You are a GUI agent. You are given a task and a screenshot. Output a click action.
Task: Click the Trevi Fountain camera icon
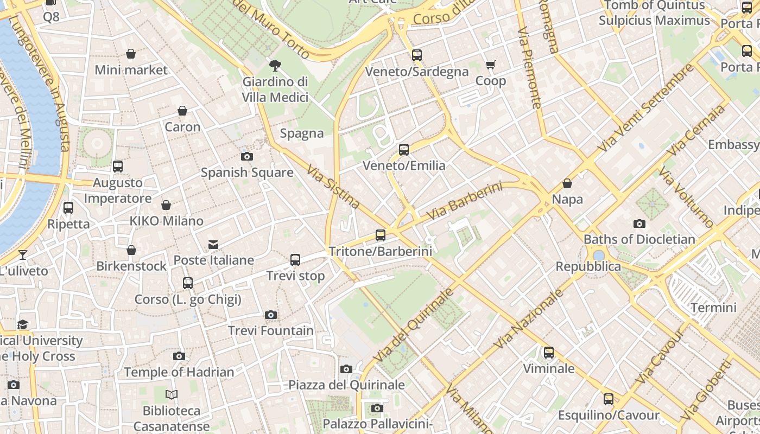270,315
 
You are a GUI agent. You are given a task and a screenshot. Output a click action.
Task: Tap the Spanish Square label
247,173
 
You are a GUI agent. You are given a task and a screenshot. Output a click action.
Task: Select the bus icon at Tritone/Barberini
381,235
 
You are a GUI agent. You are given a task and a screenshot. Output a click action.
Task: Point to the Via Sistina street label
333,187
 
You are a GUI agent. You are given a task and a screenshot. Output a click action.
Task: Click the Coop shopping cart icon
491,65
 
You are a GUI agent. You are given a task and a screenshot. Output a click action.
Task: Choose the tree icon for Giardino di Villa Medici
275,66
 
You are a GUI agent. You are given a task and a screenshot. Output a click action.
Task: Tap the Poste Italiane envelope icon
213,245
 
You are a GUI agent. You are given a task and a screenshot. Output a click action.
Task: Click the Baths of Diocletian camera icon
639,224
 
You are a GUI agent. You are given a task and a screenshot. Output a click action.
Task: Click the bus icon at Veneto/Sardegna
417,55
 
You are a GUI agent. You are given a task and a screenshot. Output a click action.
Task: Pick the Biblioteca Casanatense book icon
172,395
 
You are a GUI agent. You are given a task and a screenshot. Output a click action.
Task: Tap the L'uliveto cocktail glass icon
23,254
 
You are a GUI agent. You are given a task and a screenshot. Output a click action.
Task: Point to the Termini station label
713,308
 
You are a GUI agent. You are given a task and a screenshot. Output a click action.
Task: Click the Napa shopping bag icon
567,184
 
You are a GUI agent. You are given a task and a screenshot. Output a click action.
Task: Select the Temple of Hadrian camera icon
179,356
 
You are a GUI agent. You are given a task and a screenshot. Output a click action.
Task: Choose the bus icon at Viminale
549,353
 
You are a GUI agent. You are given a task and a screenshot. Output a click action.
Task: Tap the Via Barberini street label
464,201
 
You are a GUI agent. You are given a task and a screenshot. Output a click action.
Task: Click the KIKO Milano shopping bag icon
166,205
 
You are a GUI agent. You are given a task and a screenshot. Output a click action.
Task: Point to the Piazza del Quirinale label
346,385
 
